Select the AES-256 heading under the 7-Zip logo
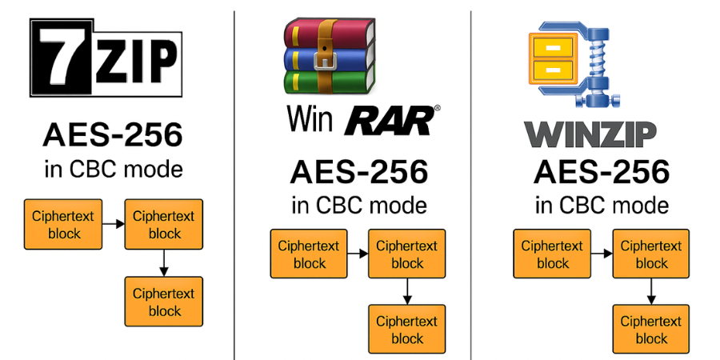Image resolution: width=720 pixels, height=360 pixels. click(112, 136)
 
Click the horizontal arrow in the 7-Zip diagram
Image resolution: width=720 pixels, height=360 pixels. click(114, 224)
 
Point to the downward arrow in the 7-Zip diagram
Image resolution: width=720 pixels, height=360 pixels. click(164, 262)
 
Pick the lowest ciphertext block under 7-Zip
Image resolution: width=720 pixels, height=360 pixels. click(164, 302)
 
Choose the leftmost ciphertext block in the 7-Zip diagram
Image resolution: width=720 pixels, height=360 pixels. click(64, 224)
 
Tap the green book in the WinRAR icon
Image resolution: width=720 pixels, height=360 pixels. click(328, 82)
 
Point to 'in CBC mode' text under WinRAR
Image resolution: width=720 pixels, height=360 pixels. click(359, 205)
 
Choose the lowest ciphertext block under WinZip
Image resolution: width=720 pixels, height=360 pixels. click(651, 330)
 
